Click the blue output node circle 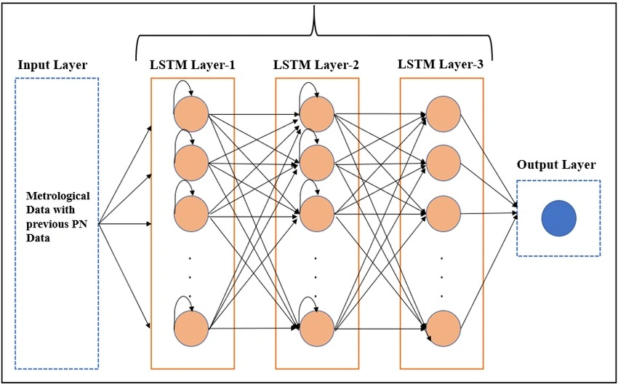[558, 218]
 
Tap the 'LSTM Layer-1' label [192, 65]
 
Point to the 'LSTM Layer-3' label [441, 65]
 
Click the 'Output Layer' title [556, 164]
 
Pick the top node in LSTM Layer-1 [192, 113]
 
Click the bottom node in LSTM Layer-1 [192, 329]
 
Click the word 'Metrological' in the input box [57, 196]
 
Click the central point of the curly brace [314, 22]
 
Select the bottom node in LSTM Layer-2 [316, 329]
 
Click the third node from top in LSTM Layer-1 [192, 212]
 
